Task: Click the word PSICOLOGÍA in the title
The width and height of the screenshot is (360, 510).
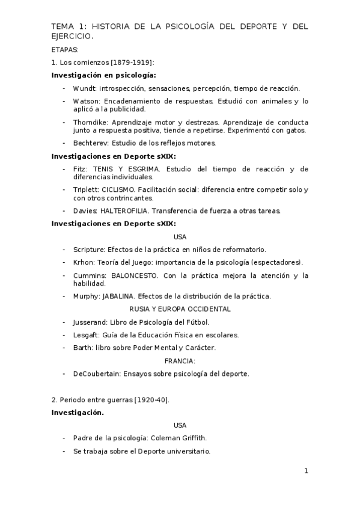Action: pyautogui.click(x=169, y=28)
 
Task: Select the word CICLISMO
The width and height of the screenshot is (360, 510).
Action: pyautogui.click(x=120, y=190)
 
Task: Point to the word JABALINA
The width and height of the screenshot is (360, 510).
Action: pyautogui.click(x=119, y=296)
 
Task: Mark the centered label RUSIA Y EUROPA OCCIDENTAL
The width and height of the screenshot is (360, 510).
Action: pyautogui.click(x=180, y=309)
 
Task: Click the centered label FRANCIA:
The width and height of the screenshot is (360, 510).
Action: pyautogui.click(x=180, y=361)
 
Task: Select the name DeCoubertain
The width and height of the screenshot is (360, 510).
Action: pyautogui.click(x=96, y=373)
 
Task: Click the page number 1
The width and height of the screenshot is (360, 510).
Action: pyautogui.click(x=306, y=471)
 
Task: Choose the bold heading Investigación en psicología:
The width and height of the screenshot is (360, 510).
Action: pyautogui.click(x=103, y=75)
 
